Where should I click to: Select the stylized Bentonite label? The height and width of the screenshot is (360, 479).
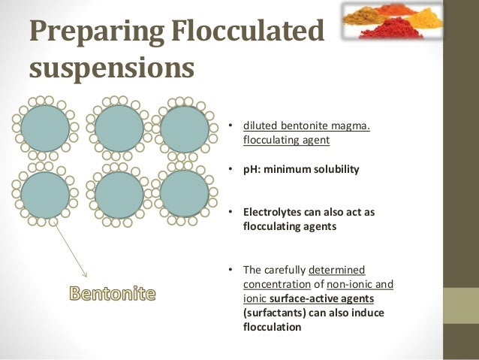pyautogui.click(x=113, y=293)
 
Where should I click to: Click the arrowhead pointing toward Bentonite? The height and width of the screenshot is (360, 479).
pyautogui.click(x=86, y=274)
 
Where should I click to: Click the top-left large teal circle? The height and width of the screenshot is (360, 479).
pyautogui.click(x=45, y=129)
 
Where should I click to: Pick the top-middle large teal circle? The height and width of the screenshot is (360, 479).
pyautogui.click(x=119, y=129)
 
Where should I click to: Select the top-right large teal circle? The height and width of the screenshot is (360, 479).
pyautogui.click(x=184, y=129)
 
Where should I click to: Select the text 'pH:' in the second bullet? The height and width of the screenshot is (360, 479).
pyautogui.click(x=253, y=169)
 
